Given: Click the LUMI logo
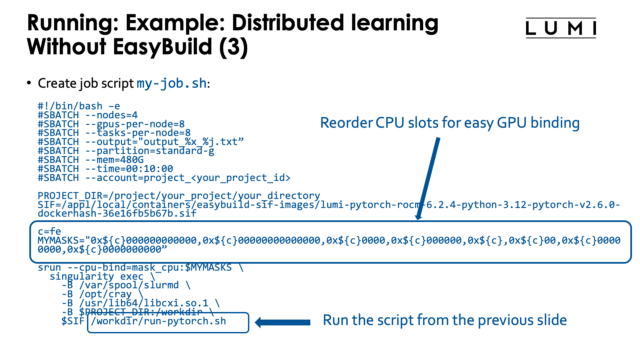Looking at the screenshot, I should (x=561, y=28).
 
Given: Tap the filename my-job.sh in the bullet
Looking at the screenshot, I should (x=172, y=83).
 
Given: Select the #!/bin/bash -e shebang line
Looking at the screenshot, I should (x=79, y=106).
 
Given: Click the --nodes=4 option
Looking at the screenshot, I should (x=112, y=115).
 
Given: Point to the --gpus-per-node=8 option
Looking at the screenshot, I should (x=135, y=124).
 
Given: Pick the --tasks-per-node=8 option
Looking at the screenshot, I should (x=138, y=133).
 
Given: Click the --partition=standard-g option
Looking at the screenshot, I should (x=150, y=151).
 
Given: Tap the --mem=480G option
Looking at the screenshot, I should (x=115, y=160).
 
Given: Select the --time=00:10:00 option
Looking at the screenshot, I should (x=129, y=169).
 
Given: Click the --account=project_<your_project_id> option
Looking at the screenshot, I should (x=188, y=178).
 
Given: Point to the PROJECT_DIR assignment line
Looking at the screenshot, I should (x=179, y=196).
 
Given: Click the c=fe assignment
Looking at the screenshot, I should (x=49, y=231).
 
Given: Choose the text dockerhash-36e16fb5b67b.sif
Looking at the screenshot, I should (x=117, y=213).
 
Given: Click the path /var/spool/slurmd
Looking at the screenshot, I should (x=129, y=285).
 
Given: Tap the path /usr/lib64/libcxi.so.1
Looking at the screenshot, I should (x=144, y=303).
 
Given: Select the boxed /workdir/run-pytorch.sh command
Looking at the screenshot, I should (x=158, y=321).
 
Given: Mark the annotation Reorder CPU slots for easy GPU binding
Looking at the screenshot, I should (x=450, y=123).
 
